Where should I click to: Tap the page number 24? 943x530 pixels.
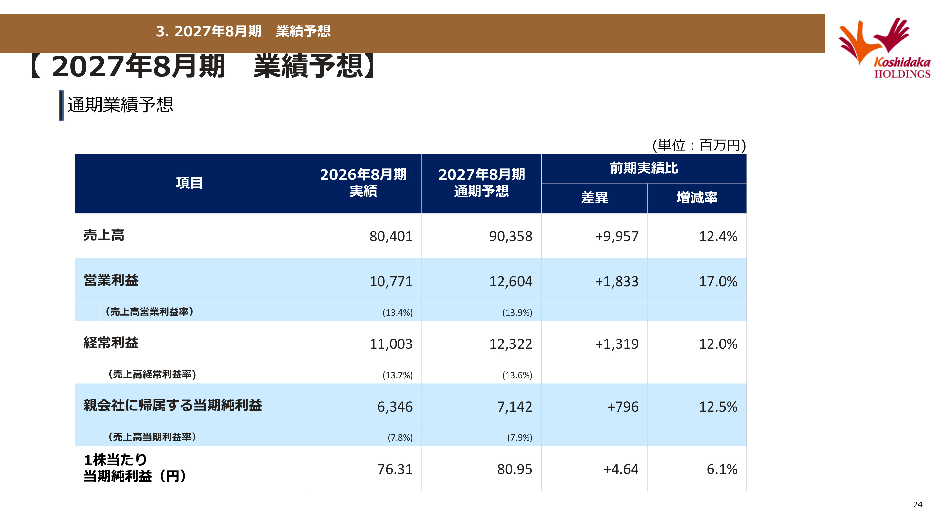pos(918,504)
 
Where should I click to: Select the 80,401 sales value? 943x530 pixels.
pos(391,236)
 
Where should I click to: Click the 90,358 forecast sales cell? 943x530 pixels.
pos(511,236)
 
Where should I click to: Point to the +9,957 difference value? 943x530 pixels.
pos(617,236)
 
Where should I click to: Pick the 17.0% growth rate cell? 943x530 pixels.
pos(718,281)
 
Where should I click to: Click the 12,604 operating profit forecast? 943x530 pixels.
pos(511,281)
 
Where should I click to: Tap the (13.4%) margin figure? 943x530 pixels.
pos(398,313)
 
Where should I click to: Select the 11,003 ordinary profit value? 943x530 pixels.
pos(391,344)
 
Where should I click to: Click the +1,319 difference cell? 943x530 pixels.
pos(617,344)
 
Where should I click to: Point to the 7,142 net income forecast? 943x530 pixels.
pos(514,407)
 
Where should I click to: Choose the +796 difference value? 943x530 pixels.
pos(623,407)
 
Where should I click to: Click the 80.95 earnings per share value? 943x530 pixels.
pos(514,469)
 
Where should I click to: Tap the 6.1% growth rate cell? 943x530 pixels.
pos(722,469)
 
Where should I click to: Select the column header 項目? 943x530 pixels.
pos(189,183)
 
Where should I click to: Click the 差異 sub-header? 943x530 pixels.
pos(595,198)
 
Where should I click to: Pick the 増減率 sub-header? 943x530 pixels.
pos(697,198)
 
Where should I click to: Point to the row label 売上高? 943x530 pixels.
pos(104,235)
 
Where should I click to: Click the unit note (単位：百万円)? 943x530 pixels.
pos(699,145)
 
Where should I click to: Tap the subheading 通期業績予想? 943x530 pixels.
pos(120,105)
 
